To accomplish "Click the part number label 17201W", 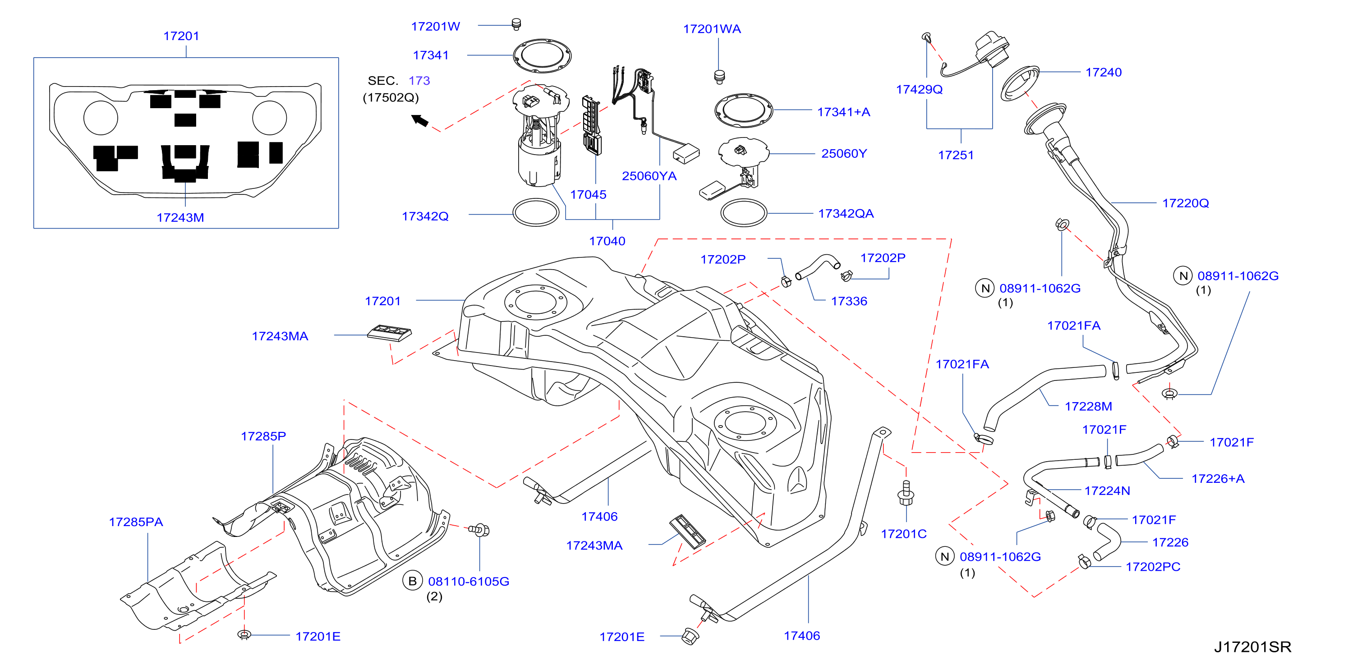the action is pos(435,26).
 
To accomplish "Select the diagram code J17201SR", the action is pos(1252,647).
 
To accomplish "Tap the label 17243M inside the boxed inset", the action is pos(180,218).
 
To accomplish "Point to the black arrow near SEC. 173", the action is pos(420,121).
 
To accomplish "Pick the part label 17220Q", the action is pos(1185,203).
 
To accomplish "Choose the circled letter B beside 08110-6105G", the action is pos(412,581).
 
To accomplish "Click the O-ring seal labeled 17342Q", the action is pos(536,212).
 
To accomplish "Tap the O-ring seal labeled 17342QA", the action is pos(744,213).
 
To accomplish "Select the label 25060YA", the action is pos(649,176).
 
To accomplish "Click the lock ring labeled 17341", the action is pos(542,55).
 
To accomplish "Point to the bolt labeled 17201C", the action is pos(906,494).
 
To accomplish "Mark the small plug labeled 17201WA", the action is pos(719,77).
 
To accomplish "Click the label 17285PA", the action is pos(136,522).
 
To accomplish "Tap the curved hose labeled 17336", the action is pos(817,266).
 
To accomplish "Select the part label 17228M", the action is pos(1088,407).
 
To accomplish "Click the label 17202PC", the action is pos(1153,567).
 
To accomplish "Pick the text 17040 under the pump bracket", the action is pos(607,241).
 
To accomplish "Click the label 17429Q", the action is pos(919,89).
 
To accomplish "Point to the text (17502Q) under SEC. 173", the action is pos(391,98).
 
